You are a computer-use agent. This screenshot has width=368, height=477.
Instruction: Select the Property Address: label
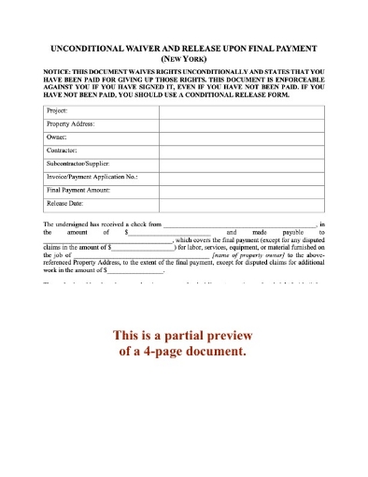pos(71,123)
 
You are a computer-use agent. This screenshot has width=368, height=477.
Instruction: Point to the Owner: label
pos(58,137)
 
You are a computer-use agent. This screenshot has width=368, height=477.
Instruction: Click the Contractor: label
pos(63,150)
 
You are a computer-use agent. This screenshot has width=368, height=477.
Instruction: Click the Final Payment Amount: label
pos(79,189)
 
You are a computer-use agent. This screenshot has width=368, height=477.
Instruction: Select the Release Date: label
pos(65,202)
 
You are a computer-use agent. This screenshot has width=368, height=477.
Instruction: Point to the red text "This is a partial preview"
pos(183,336)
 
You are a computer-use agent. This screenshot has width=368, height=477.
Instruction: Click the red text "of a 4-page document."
pos(183,352)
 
